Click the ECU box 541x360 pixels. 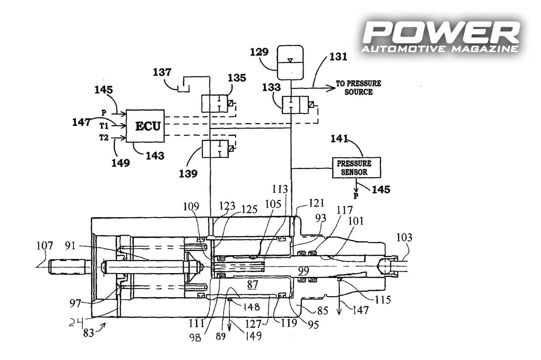[x=145, y=126]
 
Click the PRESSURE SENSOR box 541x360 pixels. [x=356, y=167]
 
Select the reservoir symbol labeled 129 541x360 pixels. [x=290, y=63]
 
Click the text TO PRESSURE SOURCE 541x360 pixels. [x=359, y=88]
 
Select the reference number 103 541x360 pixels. [x=405, y=238]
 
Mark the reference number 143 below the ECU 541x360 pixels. [x=155, y=155]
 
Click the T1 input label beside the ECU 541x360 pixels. [x=104, y=126]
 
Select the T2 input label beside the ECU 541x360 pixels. [x=104, y=138]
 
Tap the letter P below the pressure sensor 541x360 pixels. [x=356, y=197]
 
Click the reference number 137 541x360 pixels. [x=162, y=73]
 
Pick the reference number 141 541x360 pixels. [x=340, y=139]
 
